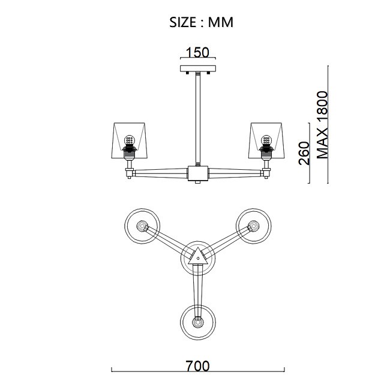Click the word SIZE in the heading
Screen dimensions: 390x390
coord(182,22)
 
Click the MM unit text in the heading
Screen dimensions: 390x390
coord(221,22)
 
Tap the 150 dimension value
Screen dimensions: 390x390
coord(198,52)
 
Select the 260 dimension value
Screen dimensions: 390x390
coord(304,153)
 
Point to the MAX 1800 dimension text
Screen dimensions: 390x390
coord(323,125)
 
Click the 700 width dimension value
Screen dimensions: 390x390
coord(198,366)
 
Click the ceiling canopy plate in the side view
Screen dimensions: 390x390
coord(198,68)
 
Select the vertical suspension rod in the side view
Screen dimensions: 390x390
coord(198,119)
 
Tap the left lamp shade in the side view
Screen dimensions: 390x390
coord(130,140)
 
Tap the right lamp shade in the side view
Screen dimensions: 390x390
coord(266,140)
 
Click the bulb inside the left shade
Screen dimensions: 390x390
coord(130,141)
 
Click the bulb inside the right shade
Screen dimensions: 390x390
coord(266,141)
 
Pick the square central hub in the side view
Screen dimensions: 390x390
coord(198,173)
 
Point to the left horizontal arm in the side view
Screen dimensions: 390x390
coord(161,173)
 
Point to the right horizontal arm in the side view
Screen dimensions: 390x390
coord(235,173)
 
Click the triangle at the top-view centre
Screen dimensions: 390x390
coord(198,257)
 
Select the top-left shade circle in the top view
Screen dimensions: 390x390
coord(142,226)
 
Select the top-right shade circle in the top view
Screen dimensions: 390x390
coord(253,226)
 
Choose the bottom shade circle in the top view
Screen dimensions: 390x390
coord(198,323)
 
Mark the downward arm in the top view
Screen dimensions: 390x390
coord(198,291)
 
